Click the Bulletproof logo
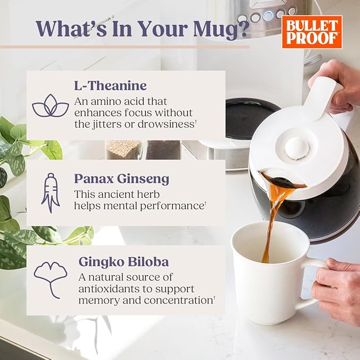click(312, 32)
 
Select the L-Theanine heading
click(110, 86)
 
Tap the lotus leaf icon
click(50, 106)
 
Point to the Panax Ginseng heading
click(122, 179)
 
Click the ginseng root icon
click(50, 193)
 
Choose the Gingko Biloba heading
click(124, 262)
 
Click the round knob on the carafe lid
click(297, 148)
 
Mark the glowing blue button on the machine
click(268, 15)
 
